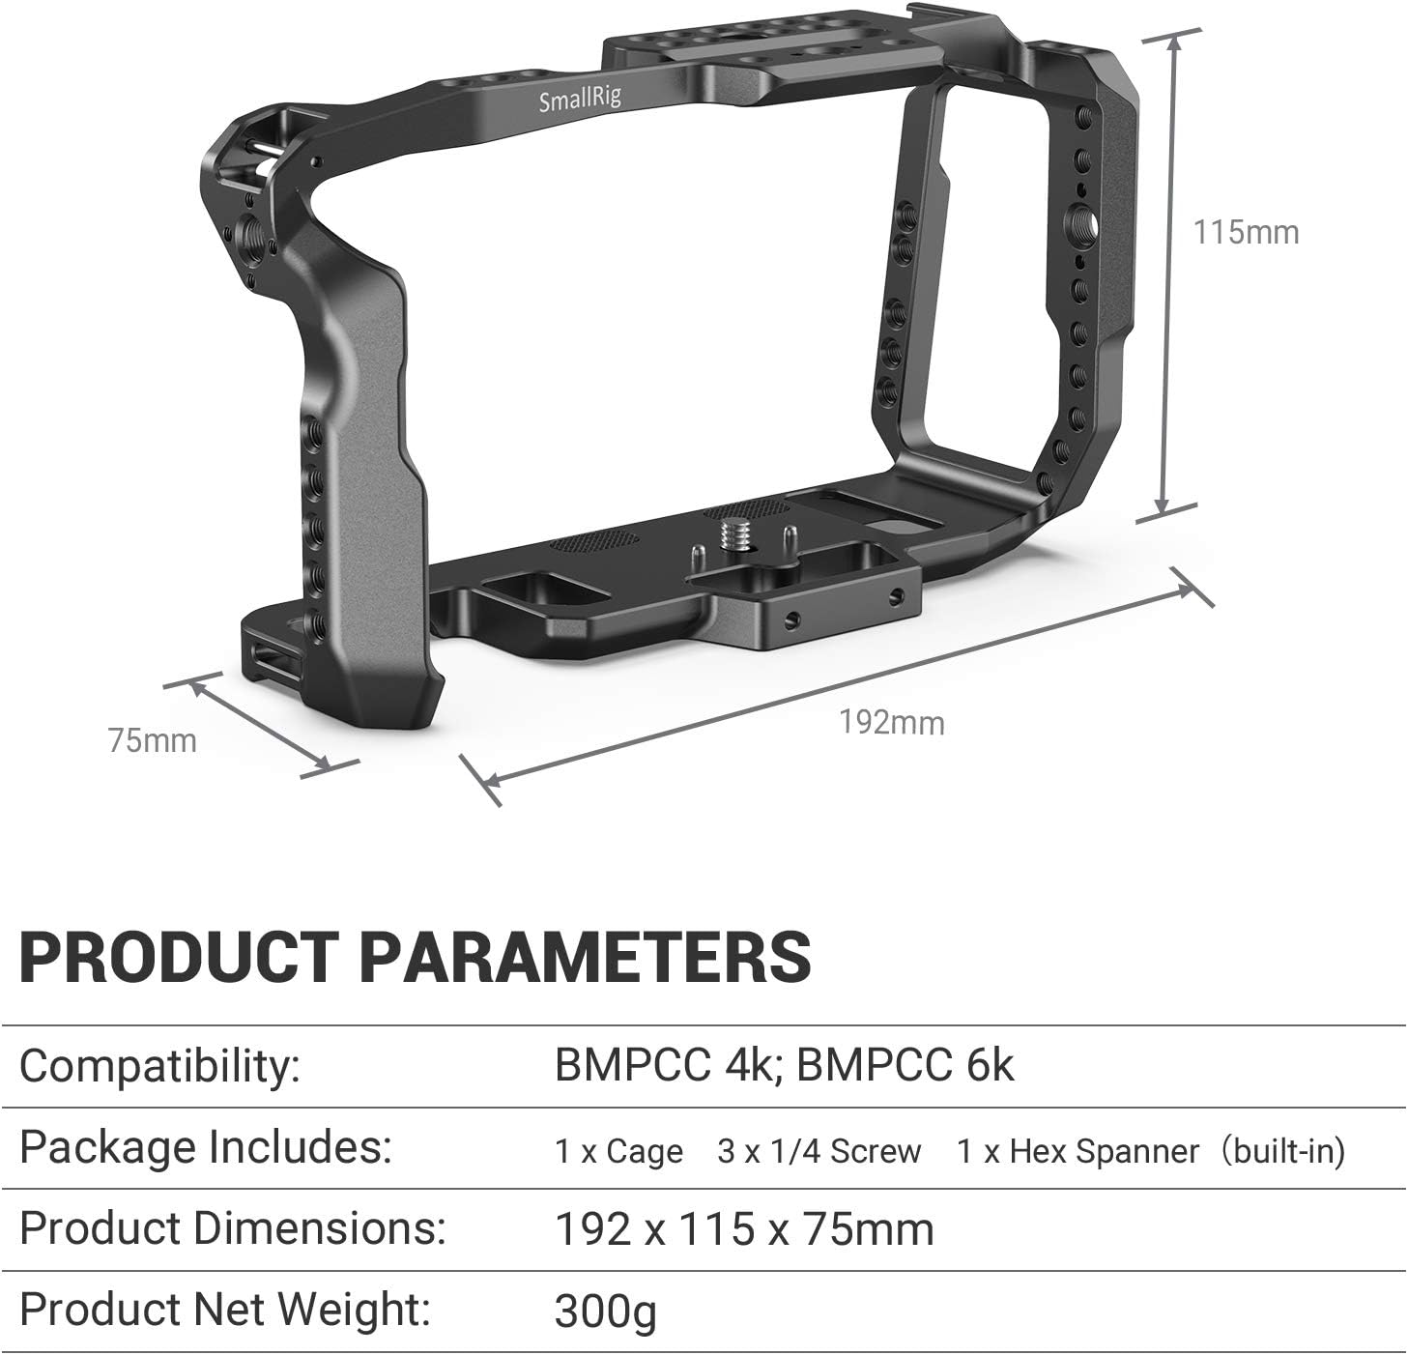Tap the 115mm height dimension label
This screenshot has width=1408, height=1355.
tap(1246, 233)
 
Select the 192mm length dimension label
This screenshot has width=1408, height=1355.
tap(891, 722)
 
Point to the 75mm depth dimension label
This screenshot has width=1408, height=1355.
tap(152, 740)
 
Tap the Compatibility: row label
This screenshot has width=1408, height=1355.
tap(159, 1066)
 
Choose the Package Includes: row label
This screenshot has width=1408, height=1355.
tap(205, 1148)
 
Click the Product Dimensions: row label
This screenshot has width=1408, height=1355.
tap(232, 1228)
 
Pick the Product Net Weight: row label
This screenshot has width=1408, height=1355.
tap(224, 1310)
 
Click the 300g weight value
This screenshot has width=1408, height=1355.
tap(605, 1312)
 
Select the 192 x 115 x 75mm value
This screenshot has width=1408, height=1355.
tap(744, 1229)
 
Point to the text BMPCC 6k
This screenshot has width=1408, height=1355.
tap(906, 1066)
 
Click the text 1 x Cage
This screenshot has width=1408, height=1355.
tap(618, 1151)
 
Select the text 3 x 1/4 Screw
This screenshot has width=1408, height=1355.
tap(819, 1151)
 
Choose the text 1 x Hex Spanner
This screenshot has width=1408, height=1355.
tap(1078, 1151)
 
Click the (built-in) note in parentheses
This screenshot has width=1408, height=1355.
tap(1282, 1151)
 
